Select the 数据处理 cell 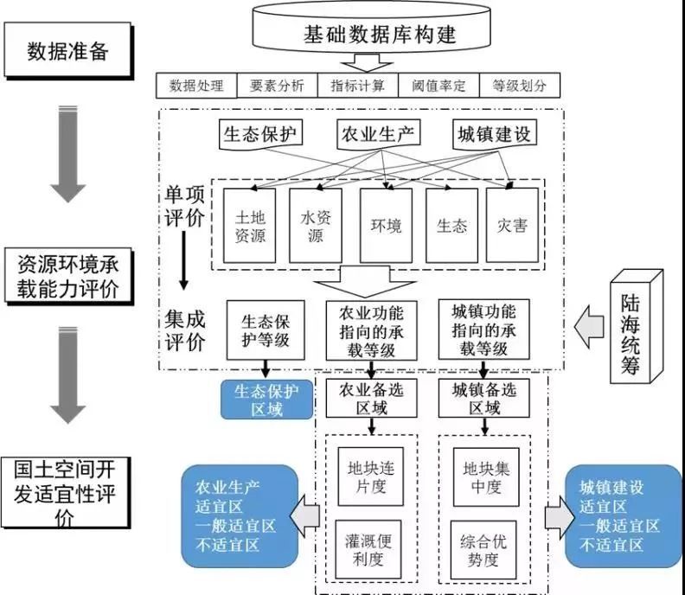click(x=196, y=86)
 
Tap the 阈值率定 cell click(x=439, y=86)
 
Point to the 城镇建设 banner click(x=496, y=135)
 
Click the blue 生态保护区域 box click(x=267, y=400)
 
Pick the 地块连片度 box click(x=371, y=477)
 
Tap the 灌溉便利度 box click(x=371, y=550)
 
